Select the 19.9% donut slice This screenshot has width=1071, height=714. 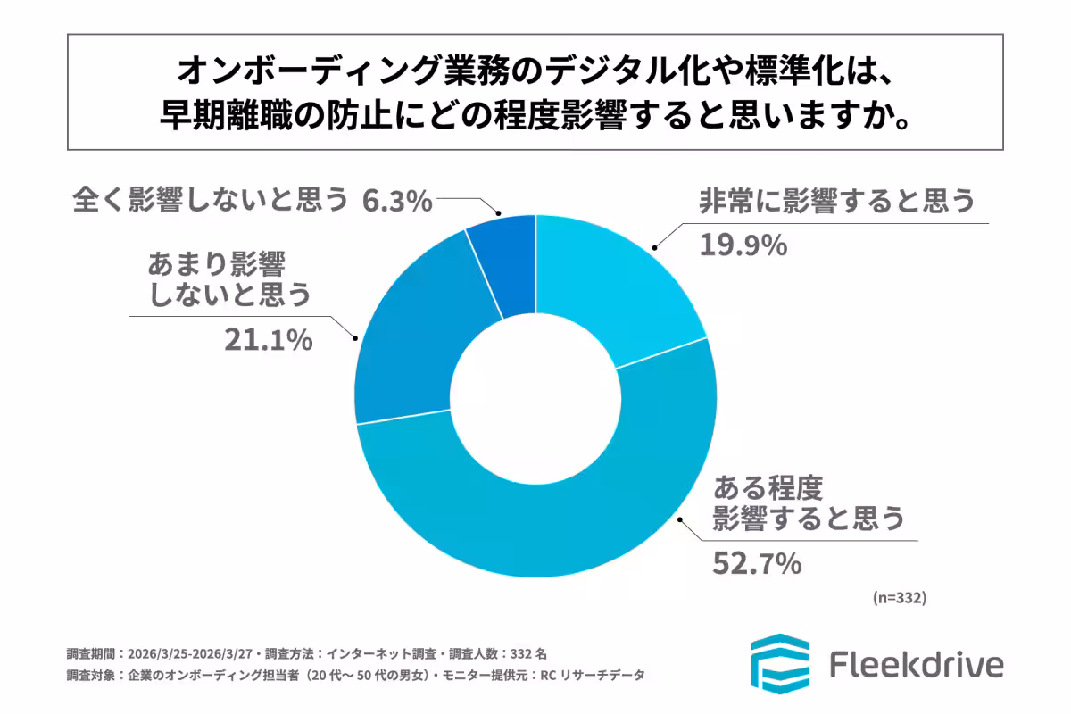pyautogui.click(x=625, y=277)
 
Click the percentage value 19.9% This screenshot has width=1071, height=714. pyautogui.click(x=743, y=243)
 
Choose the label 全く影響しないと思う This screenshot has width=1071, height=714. pyautogui.click(x=210, y=200)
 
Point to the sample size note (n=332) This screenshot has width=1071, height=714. pyautogui.click(x=899, y=598)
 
